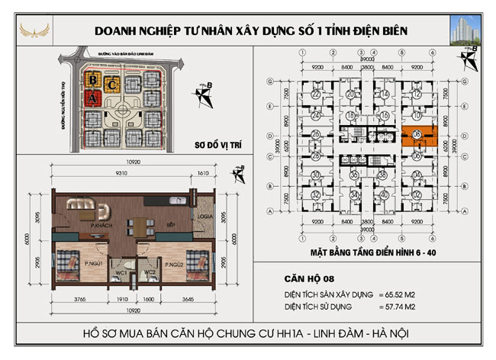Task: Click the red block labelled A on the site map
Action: point(92,98)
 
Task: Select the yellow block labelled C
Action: point(112,84)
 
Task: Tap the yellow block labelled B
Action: point(92,79)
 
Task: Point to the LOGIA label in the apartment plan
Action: point(205,216)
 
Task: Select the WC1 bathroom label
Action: point(121,272)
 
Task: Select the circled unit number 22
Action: point(315,94)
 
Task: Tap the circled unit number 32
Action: point(315,195)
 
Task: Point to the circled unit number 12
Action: point(416,94)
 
